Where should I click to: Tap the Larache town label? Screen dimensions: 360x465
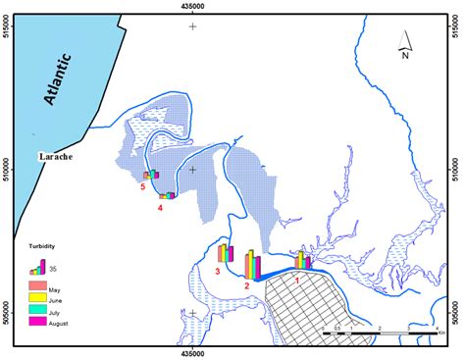[56, 156]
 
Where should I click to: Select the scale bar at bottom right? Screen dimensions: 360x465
[379, 334]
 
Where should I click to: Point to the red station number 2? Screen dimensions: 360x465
[247, 285]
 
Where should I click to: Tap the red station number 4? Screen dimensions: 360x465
[160, 208]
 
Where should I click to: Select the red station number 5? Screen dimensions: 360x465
[142, 186]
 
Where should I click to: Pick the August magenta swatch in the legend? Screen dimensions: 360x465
[36, 320]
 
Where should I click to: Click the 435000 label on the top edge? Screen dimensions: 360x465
[193, 8]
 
